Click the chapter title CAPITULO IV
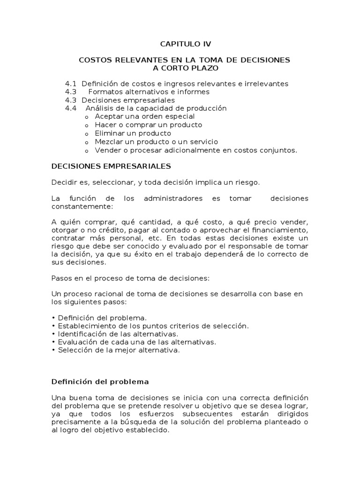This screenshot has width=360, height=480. [186, 44]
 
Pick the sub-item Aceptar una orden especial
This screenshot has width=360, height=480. [144, 116]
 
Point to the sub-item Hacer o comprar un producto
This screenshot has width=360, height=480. [148, 125]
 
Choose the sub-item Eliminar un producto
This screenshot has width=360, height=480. [133, 133]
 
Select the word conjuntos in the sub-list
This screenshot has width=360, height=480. [280, 150]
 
